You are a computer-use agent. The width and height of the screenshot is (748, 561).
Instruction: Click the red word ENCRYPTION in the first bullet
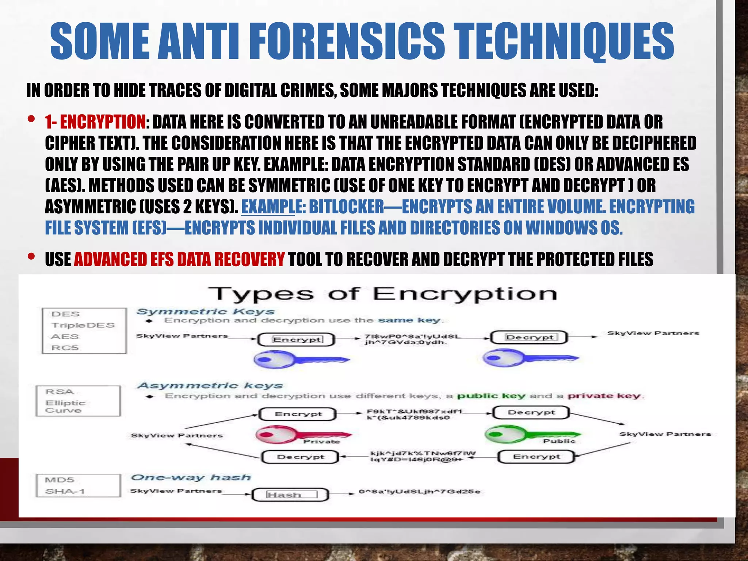tap(103, 122)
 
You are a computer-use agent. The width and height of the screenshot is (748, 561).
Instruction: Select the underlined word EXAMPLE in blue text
tap(268, 207)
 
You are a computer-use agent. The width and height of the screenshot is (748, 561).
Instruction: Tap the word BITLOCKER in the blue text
tap(346, 207)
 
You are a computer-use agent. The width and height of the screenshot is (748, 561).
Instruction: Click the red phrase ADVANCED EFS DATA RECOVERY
tap(179, 259)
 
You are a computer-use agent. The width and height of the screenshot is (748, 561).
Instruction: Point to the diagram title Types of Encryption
tap(382, 294)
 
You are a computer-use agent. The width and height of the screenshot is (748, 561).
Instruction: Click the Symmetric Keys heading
tap(205, 312)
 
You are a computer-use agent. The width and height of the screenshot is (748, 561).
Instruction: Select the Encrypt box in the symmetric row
tap(297, 340)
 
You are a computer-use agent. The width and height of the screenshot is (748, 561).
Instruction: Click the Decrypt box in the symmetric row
tap(529, 337)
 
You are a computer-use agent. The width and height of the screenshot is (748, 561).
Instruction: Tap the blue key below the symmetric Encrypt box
tap(301, 359)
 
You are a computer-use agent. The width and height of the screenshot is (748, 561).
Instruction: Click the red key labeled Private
tap(303, 435)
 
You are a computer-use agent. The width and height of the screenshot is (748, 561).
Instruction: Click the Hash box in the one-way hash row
tap(291, 495)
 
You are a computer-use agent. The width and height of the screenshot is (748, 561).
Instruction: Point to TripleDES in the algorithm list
tap(83, 325)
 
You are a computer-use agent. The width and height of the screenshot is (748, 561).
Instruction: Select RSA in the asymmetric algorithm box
tap(60, 392)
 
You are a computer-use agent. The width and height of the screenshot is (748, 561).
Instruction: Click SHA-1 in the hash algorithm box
tap(65, 491)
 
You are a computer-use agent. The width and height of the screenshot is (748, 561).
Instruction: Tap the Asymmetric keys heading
tap(210, 386)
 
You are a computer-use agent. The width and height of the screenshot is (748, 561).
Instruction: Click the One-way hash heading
tap(191, 477)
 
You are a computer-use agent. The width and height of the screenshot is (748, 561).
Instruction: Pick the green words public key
tap(491, 396)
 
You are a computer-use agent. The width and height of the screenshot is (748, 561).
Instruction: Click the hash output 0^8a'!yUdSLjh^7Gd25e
tap(419, 492)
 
